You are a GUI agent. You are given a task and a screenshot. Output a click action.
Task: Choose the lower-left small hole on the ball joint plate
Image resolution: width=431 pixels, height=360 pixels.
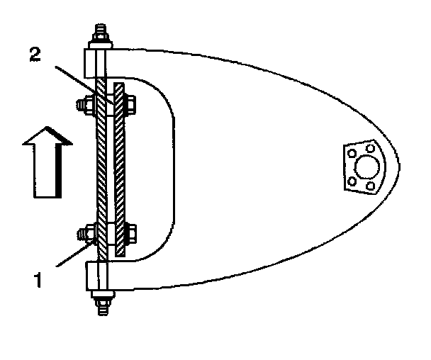pyautogui.click(x=353, y=181)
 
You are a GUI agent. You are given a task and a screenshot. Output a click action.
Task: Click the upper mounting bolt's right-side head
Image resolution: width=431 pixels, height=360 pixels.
pyautogui.click(x=131, y=108)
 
